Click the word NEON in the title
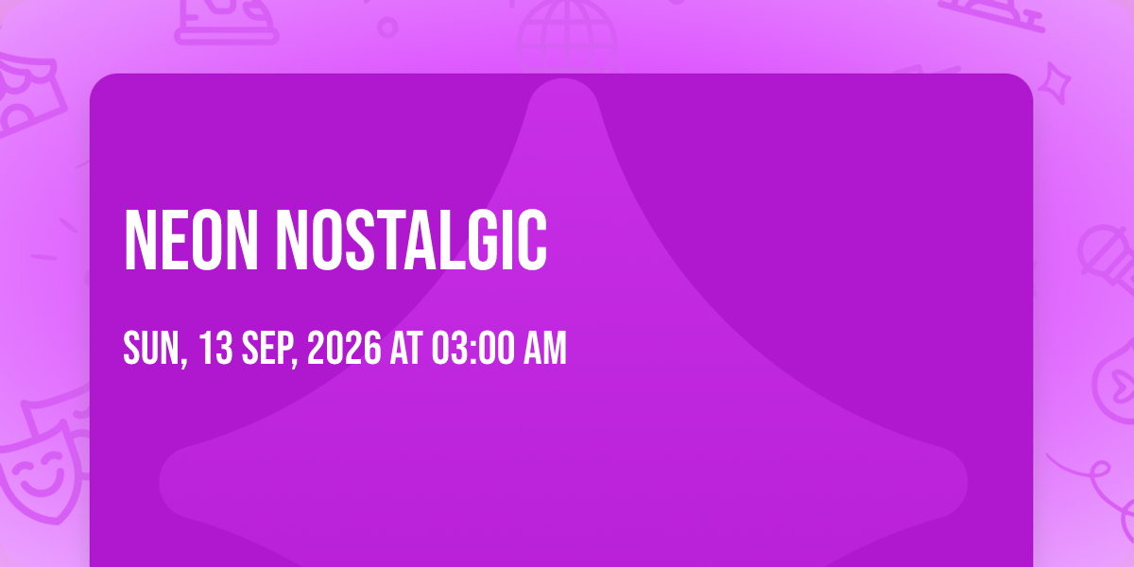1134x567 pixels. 191,240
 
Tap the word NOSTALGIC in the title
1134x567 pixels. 411,240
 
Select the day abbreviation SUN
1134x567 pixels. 155,349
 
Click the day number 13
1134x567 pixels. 215,348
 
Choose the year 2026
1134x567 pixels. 344,348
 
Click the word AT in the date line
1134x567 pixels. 406,348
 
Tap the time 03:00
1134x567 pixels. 473,348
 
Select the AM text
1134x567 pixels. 544,348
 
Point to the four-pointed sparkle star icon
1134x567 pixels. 1055,83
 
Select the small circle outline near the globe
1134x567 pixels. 387,27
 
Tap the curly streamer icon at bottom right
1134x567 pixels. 1098,486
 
